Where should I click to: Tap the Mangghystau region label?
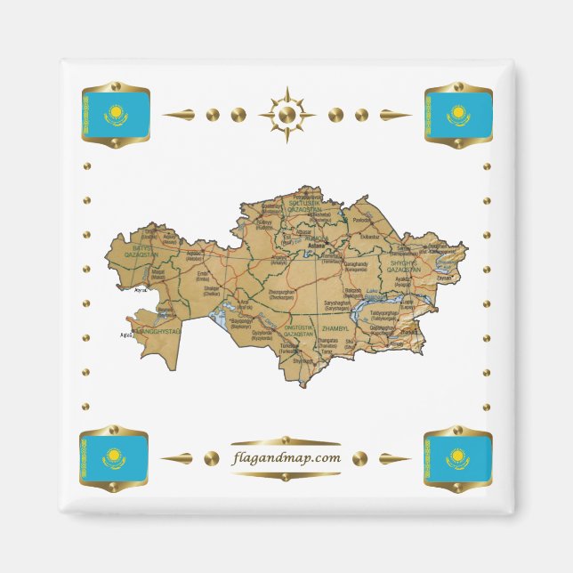[157, 332]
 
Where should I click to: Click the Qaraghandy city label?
[330, 263]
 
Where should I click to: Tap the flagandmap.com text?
[286, 458]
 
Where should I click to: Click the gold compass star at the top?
[286, 114]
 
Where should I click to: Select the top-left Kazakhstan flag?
[115, 114]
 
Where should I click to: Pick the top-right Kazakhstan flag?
[458, 115]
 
